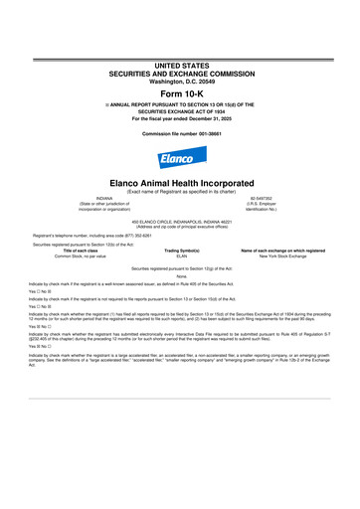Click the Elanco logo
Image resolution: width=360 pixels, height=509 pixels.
pos(179,160)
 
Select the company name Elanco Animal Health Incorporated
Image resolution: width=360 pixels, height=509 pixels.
pos(179,183)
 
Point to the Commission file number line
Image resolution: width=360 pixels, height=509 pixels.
pos(179,132)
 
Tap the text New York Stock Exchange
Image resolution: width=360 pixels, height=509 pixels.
pos(277,256)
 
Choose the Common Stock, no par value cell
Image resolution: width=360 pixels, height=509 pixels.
pos(84,256)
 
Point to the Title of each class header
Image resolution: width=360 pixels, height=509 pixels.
pos(84,251)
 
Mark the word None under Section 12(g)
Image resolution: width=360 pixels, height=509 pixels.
pos(179,276)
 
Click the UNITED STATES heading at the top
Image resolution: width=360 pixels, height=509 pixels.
pos(179,65)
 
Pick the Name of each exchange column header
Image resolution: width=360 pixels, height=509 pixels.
pos(277,251)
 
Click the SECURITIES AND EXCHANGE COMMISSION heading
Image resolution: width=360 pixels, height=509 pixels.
pos(179,73)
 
